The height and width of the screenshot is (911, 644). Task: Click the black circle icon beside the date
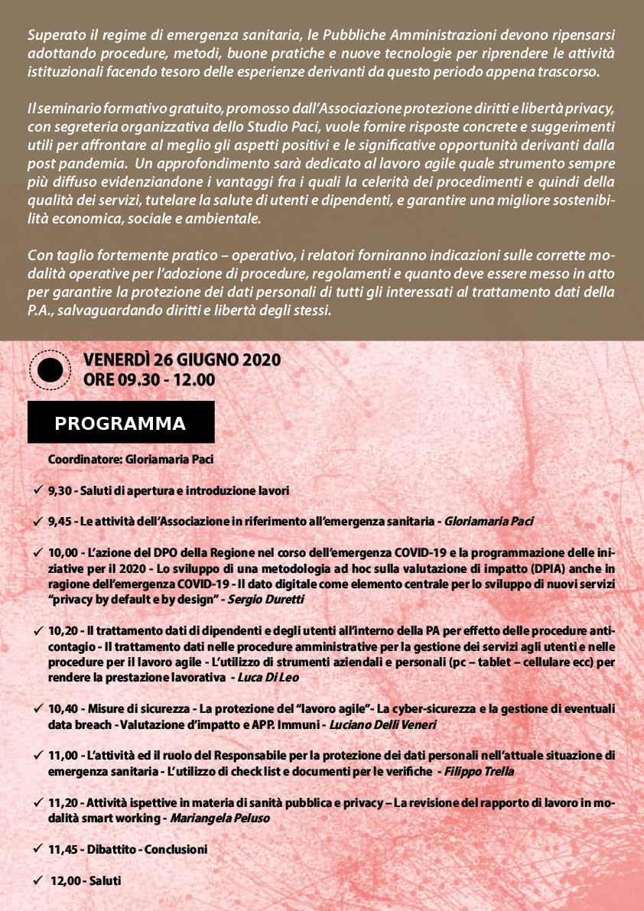coord(50,370)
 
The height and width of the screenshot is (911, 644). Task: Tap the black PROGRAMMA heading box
coord(121,423)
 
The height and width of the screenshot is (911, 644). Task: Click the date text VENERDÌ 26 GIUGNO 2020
coord(182,360)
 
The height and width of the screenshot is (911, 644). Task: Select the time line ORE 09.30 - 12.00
coord(149,380)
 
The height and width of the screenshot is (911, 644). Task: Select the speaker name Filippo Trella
coord(480,772)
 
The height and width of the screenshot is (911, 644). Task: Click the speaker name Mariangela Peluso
coord(220,818)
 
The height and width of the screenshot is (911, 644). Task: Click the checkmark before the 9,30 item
coord(37,490)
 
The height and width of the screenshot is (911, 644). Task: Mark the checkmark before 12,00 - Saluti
coord(37,880)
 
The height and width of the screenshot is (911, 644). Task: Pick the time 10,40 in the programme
coord(64,709)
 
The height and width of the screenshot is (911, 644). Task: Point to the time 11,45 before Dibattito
coord(64,849)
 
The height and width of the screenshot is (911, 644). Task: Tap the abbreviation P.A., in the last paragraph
coord(41,311)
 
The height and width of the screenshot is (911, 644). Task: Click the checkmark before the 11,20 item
coord(37,803)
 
